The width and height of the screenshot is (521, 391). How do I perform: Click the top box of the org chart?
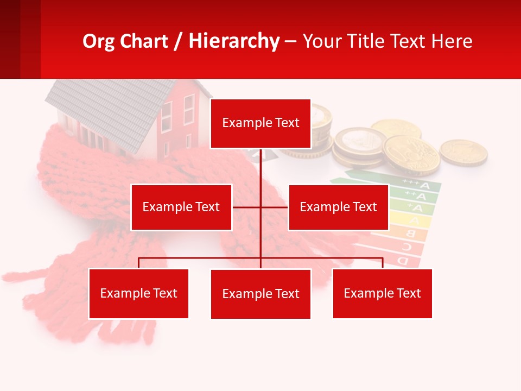coord(260,123)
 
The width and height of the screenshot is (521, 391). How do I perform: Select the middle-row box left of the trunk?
coord(181,207)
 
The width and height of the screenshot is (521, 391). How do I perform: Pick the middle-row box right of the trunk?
coord(338,207)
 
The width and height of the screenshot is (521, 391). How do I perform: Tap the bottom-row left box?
coord(138,293)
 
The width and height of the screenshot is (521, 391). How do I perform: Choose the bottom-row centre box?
coord(260,294)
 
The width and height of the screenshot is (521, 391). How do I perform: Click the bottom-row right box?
coord(382,293)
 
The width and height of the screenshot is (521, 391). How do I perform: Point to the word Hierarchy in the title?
coord(234,41)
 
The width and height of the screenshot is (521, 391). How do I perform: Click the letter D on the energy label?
coord(403,261)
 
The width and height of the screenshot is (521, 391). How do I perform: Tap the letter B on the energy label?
coord(411,234)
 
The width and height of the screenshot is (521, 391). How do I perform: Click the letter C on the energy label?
coord(406,248)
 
